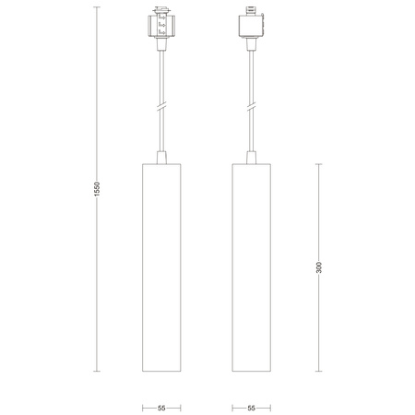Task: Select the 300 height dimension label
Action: point(319,267)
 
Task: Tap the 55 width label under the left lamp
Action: point(161,406)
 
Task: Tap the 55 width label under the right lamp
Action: point(252,406)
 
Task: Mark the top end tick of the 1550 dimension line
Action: point(96,8)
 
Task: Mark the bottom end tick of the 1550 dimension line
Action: point(96,372)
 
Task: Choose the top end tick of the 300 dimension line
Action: point(319,163)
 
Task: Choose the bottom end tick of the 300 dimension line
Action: point(319,372)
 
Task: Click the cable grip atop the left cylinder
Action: point(161,155)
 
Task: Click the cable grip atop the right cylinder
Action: point(252,155)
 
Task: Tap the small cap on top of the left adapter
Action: point(161,12)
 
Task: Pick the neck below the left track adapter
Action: point(161,49)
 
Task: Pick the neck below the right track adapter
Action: point(252,49)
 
